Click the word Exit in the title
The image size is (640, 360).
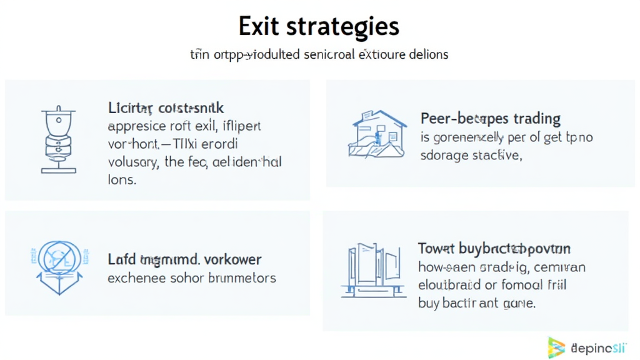(259, 26)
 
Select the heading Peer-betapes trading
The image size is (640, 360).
(491, 118)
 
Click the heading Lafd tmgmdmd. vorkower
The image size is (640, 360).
(184, 259)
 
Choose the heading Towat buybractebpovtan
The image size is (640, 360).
(494, 249)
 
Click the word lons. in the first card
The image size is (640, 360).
(122, 180)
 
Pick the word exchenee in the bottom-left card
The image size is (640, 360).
(134, 277)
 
